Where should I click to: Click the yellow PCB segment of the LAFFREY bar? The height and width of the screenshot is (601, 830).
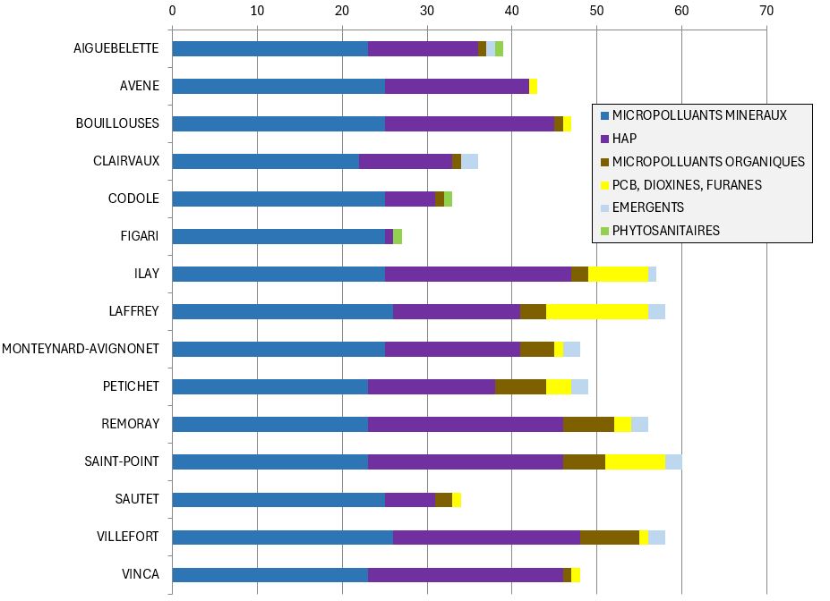597,311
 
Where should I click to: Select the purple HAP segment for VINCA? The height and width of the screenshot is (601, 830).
466,574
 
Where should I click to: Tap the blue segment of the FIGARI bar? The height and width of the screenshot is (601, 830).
278,236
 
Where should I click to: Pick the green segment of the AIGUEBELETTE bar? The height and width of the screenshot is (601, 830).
499,48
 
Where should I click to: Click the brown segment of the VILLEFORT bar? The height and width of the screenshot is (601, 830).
610,537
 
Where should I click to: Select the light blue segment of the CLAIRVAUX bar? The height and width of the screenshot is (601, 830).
469,161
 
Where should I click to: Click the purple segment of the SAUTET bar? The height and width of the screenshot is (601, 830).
410,499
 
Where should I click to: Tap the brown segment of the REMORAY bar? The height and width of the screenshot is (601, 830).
588,424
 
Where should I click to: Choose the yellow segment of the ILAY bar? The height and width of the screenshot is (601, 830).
618,274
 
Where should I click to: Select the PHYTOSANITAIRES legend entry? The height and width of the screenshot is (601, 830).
665,231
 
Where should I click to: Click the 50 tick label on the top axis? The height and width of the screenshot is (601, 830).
596,12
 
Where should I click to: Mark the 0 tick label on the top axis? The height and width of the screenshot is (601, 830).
172,12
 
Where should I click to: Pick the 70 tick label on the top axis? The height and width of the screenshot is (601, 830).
766,12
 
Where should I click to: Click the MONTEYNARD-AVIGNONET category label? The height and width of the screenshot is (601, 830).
81,349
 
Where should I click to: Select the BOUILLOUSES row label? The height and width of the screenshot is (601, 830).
117,123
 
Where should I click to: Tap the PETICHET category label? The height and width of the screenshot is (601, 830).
131,386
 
